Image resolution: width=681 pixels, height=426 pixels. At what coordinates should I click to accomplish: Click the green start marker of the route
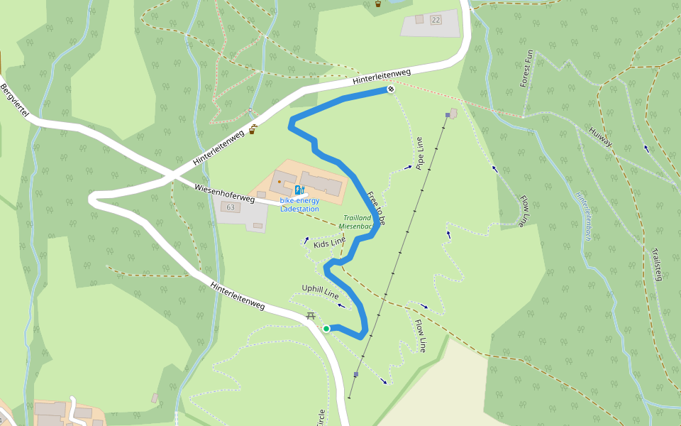point(326,328)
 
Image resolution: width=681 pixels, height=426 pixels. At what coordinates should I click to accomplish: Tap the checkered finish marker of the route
point(390,89)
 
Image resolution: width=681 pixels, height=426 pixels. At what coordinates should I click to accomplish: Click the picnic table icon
point(310,316)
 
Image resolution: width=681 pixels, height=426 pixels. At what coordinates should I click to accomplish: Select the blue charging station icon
point(299,190)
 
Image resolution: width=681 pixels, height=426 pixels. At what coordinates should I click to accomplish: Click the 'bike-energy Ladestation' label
point(299,204)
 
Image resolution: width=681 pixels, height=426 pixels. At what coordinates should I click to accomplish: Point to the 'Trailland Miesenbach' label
point(357,222)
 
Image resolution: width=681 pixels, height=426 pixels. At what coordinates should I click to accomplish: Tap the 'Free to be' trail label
point(375,208)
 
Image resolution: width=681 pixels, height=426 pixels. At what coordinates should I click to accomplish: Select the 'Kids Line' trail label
point(329,244)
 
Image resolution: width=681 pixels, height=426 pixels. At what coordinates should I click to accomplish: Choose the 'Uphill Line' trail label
point(320,291)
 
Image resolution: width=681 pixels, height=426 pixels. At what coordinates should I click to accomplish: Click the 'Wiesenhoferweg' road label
point(223,194)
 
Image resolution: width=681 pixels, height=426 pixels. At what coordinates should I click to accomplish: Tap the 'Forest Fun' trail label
point(526,68)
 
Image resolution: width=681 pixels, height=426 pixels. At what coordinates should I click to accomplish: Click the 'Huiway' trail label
point(600,137)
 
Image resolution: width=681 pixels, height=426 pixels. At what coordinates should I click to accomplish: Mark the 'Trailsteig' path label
point(658,263)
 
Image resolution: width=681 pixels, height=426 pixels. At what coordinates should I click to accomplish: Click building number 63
point(230,207)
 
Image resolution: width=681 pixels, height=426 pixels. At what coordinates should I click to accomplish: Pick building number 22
point(435,20)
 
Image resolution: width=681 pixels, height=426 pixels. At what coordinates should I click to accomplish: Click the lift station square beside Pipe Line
point(448,114)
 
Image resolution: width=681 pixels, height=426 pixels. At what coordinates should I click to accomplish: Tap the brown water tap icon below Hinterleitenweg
point(253,130)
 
